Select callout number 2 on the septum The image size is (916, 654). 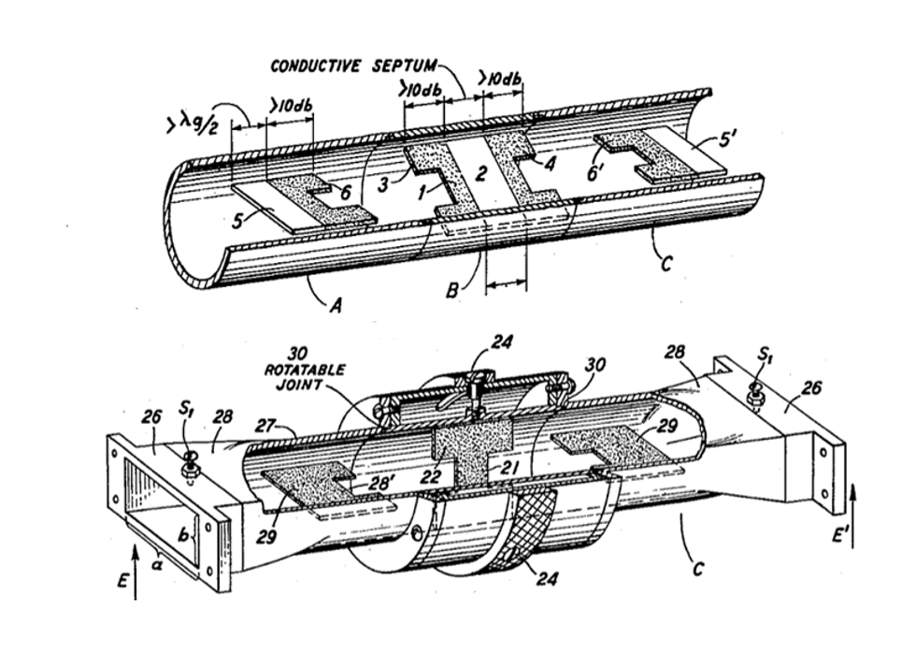(x=480, y=172)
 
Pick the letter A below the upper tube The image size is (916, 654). (x=335, y=305)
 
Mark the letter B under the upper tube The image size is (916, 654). (x=451, y=291)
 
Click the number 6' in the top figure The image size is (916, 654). (x=597, y=173)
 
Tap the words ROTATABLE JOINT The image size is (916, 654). (x=305, y=377)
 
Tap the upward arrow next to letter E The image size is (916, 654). (x=136, y=571)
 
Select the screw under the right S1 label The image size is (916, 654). (x=755, y=395)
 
